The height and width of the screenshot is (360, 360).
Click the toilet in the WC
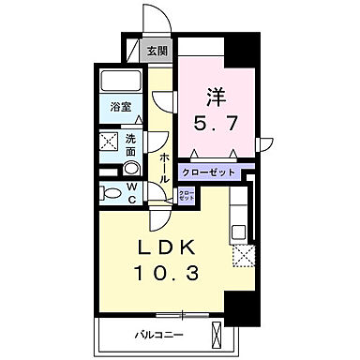click(112, 194)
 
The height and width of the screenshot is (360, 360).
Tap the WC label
click(132, 192)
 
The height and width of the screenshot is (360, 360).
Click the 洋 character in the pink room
click(215, 95)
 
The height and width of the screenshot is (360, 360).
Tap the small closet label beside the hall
click(187, 195)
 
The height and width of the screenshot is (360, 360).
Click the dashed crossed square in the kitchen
click(245, 254)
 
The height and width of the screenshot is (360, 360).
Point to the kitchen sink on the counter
click(239, 228)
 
